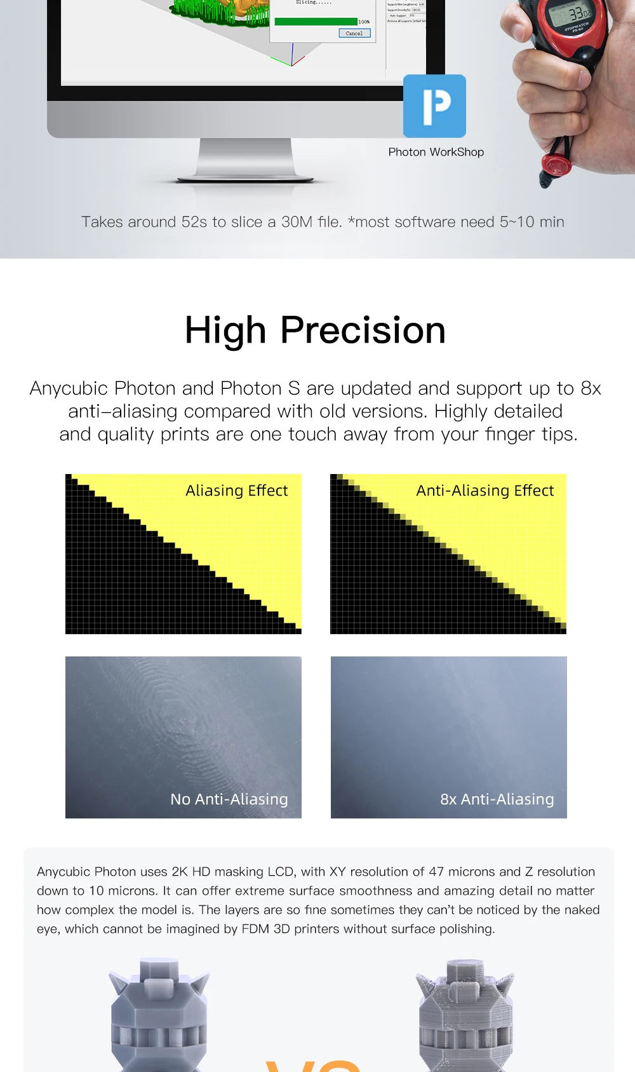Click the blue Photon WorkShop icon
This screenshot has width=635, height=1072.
pos(434,105)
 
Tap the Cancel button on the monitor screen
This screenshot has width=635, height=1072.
pos(354,33)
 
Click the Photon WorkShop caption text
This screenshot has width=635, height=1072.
pos(436,152)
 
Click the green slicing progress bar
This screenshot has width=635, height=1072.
pos(316,22)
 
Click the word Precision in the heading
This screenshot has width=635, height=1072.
pos(363,330)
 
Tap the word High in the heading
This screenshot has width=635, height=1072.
pos(225,330)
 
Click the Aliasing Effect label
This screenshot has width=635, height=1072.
pos(236,491)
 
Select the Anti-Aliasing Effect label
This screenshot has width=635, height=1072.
pos(485,491)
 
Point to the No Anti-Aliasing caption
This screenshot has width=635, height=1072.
pos(229,799)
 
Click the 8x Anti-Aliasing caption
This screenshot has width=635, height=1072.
pos(497,799)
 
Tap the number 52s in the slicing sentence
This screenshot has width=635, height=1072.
pos(194,222)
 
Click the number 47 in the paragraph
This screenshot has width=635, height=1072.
pos(436,872)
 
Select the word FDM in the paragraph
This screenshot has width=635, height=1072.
pos(255,929)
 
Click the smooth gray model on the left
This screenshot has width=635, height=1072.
pos(159,1017)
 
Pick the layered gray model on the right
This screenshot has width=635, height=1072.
pos(465,1017)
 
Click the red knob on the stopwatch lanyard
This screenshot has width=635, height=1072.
pos(557,166)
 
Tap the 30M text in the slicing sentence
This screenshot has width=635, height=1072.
pos(297,222)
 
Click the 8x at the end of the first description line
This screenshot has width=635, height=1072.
pos(591,388)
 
